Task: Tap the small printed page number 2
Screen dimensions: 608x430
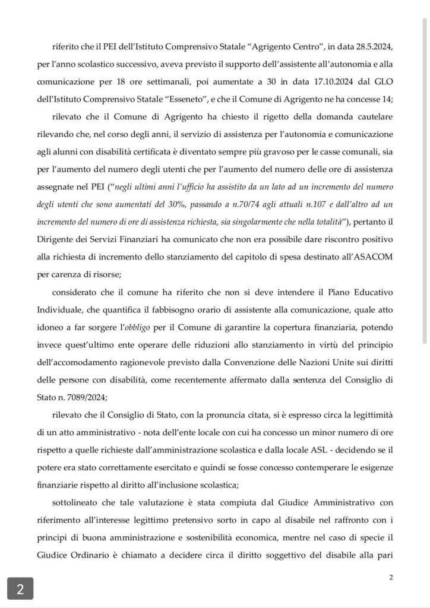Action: tap(391, 577)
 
